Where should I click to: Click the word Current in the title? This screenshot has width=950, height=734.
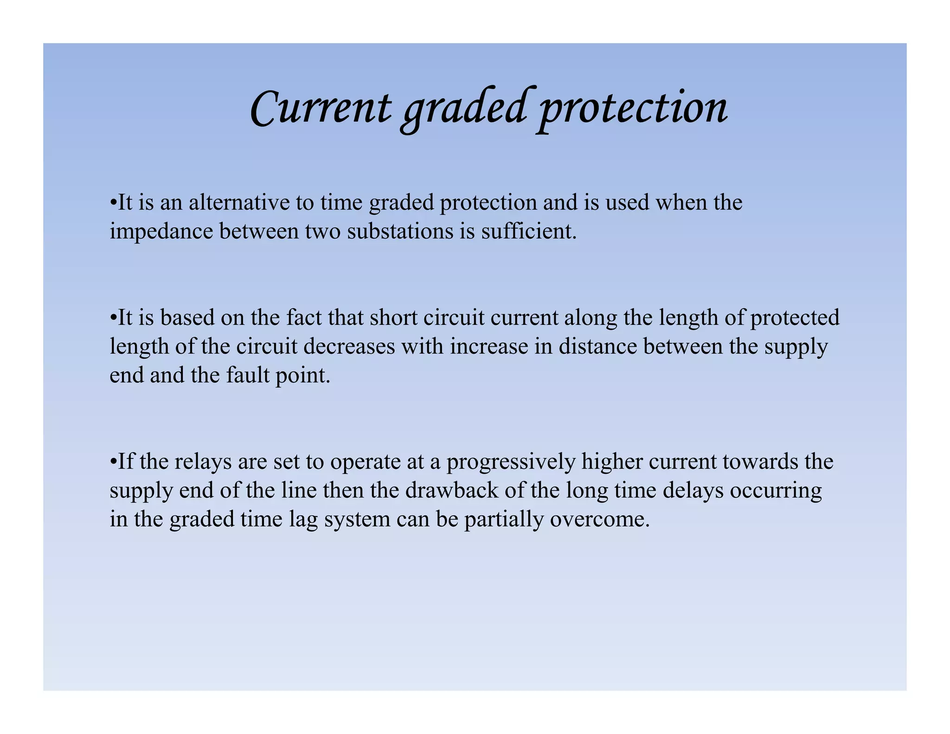[x=320, y=108]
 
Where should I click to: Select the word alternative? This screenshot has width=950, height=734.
[x=239, y=203]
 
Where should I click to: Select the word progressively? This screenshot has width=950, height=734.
[x=511, y=462]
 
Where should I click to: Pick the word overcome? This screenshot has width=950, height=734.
[x=599, y=519]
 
